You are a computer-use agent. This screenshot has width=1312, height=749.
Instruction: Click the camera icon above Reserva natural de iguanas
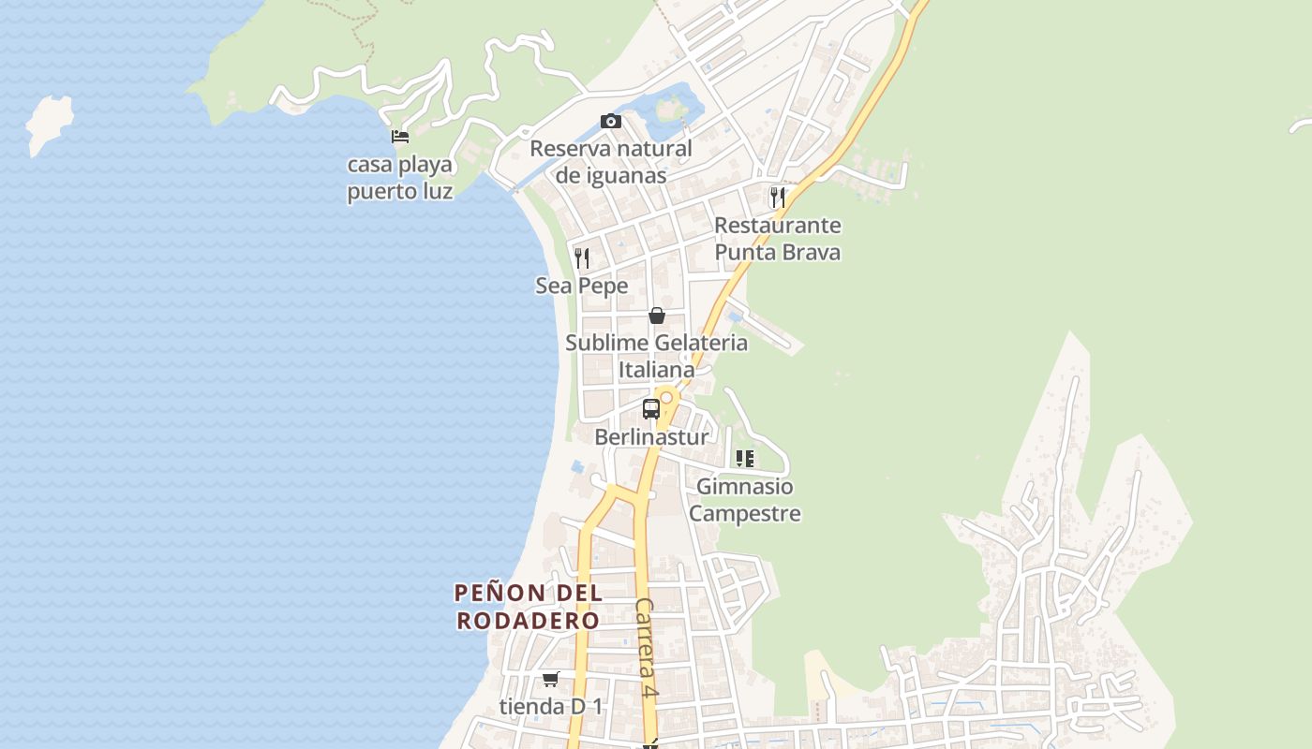click(x=610, y=121)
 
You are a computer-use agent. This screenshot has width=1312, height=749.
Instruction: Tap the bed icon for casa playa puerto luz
click(x=400, y=137)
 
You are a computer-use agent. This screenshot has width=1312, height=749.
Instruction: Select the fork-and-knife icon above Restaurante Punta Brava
click(x=777, y=198)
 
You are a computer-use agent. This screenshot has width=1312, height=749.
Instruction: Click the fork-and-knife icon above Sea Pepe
click(x=582, y=258)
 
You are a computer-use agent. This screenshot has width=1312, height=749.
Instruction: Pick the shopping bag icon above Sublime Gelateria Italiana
click(x=657, y=316)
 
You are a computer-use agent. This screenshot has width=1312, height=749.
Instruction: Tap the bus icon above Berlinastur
click(x=650, y=409)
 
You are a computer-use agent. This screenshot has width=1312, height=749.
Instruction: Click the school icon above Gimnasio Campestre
click(x=745, y=459)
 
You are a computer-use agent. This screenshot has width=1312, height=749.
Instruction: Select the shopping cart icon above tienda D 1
click(x=550, y=679)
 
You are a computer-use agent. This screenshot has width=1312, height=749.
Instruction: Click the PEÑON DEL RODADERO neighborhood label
click(x=529, y=607)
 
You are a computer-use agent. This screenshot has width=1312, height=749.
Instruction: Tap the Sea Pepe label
click(x=582, y=286)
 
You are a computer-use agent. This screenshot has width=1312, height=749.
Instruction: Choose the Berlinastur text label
click(x=651, y=436)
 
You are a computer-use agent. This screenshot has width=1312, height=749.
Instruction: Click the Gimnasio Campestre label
click(x=746, y=500)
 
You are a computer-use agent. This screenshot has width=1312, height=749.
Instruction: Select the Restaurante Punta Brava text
click(x=777, y=239)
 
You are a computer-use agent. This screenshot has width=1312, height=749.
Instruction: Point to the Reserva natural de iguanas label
click(x=611, y=162)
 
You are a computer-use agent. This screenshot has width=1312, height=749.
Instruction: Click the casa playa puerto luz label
click(x=400, y=178)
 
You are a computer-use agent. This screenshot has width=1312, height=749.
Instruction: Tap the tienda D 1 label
click(x=551, y=706)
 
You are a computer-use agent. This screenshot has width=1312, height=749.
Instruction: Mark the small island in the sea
click(x=49, y=125)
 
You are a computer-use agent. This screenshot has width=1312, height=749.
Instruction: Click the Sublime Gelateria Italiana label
click(x=656, y=356)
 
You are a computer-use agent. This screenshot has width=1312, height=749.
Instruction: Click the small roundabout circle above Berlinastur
click(x=666, y=397)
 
